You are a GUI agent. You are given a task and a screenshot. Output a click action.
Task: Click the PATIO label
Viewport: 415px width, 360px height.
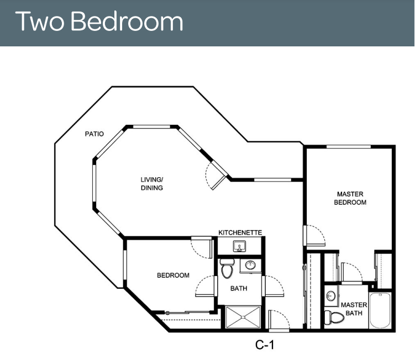pos(94,134)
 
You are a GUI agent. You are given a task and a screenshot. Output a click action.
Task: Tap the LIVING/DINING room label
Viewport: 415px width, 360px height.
pos(151,183)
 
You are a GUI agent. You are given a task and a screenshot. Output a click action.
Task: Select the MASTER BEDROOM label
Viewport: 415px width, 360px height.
pos(350,198)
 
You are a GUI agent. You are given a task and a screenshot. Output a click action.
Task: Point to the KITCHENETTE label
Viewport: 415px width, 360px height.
pos(240,232)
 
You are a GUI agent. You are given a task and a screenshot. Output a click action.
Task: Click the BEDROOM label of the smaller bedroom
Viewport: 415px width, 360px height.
pos(173,276)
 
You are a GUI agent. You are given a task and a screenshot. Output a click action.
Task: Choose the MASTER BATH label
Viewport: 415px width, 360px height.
pos(354,309)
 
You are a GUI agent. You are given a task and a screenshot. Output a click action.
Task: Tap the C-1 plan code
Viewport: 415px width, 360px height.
pos(265,345)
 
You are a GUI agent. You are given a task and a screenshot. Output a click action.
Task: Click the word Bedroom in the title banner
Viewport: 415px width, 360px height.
pos(127,21)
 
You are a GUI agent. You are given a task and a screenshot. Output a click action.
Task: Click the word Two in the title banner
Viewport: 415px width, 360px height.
pos(40,21)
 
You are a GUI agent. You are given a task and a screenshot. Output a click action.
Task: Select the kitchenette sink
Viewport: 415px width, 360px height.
pos(239,246)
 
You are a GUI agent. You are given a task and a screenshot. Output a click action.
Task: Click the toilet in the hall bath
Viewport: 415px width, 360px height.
pos(227,268)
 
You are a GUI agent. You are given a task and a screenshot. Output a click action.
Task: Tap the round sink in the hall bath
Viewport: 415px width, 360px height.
pos(250,264)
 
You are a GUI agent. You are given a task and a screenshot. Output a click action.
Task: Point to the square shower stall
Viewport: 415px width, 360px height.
pos(243,317)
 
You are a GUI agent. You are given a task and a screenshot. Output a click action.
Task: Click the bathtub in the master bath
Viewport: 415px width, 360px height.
pos(380,310)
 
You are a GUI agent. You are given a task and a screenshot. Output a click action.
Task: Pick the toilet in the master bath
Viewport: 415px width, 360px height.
pos(334,317)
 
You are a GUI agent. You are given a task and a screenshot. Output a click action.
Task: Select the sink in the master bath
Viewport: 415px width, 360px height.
pos(330,295)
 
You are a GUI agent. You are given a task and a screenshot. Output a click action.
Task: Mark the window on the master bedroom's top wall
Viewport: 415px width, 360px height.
pos(348,146)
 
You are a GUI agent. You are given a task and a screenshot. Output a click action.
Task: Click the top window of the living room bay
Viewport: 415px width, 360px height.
pos(151,126)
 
